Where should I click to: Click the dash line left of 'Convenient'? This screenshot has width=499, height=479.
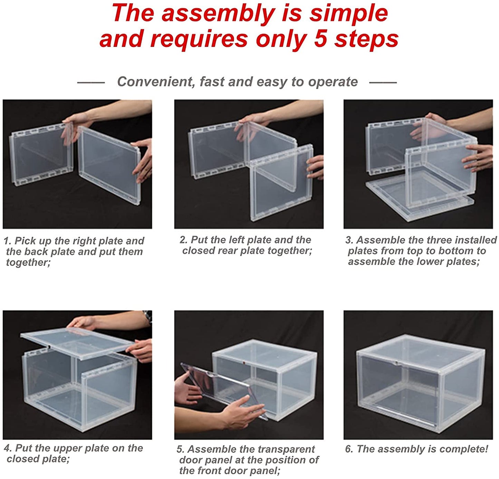tap(91, 83)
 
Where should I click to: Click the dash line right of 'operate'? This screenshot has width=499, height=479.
tap(383, 83)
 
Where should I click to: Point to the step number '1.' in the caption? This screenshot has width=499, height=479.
tap(8, 241)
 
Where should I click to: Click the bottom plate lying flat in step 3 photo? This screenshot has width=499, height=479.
tap(421, 198)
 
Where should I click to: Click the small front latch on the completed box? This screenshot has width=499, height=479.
tap(397, 363)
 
